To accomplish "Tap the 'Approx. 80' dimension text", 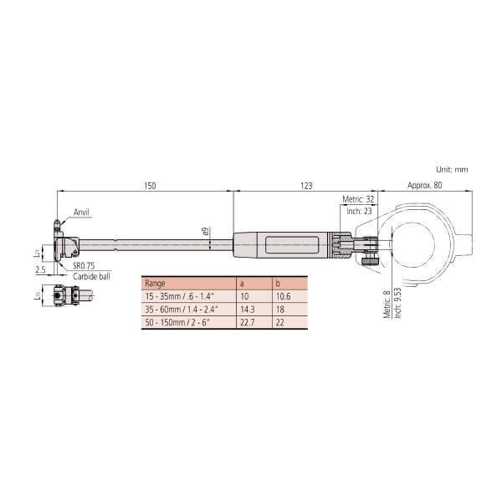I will click(x=425, y=186).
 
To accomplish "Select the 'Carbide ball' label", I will click(x=90, y=276).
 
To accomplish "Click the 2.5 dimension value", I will click(x=40, y=269).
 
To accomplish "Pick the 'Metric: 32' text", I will click(x=359, y=200).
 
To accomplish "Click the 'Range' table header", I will click(x=156, y=284).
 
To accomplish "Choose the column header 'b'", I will click(x=276, y=284).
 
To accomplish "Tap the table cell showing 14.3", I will click(x=248, y=309).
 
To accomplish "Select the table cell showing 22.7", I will click(x=248, y=321).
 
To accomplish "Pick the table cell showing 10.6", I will click(x=281, y=296).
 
